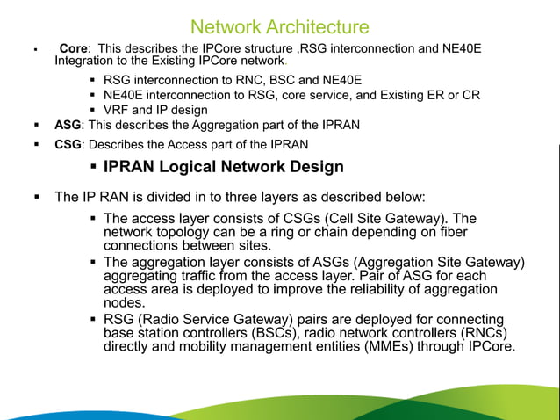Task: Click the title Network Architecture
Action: coord(279,26)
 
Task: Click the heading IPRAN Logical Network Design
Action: coord(223,166)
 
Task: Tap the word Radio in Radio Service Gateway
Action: coord(157,320)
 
